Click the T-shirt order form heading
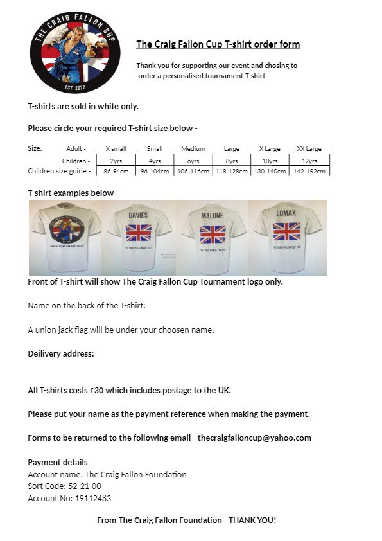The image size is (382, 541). tap(218, 44)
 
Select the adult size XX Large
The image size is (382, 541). tap(309, 148)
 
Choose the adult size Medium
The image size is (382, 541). tap(193, 148)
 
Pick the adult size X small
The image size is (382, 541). tap(116, 148)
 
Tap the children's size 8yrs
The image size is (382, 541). tap(231, 160)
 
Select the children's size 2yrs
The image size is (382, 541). tap(116, 160)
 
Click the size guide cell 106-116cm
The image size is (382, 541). tap(193, 171)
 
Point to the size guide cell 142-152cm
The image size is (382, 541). tap(309, 171)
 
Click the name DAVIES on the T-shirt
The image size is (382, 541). tap(138, 215)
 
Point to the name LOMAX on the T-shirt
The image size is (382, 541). tap(286, 213)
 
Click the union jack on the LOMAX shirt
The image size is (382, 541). tap(286, 231)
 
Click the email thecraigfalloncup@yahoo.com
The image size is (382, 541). tap(254, 438)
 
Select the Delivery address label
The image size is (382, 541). tap(61, 353)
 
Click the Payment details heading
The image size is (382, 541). tap(58, 462)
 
